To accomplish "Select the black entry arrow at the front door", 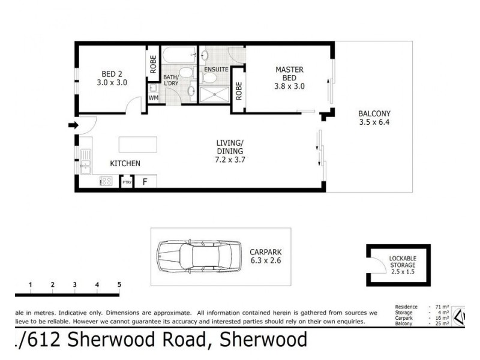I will [x=73, y=125].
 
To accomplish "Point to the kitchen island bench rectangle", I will [x=139, y=145].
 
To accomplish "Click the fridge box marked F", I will [x=145, y=181].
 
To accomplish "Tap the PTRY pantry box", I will [x=127, y=182].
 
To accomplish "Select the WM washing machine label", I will [x=152, y=97].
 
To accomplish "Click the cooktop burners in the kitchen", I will [x=106, y=181].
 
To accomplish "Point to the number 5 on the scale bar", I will [x=119, y=284].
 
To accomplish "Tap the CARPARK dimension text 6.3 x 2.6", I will [x=266, y=260].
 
